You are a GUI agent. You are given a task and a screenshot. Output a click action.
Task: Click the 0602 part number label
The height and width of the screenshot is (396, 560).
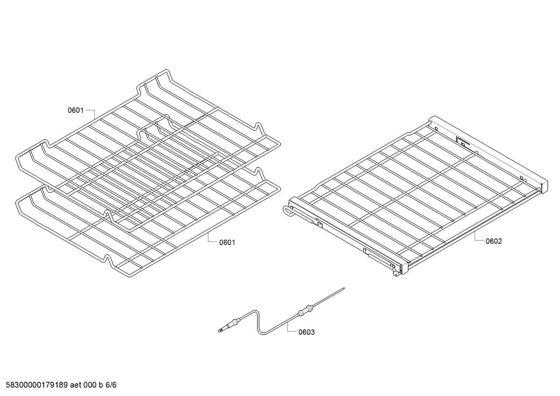coord(494,241)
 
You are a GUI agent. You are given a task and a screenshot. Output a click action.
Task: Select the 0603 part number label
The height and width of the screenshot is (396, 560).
coord(306,332)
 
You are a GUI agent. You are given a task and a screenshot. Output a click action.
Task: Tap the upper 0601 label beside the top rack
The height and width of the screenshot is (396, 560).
coord(76,110)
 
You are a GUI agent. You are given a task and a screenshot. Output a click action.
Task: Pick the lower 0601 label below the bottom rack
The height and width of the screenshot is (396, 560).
coord(227,242)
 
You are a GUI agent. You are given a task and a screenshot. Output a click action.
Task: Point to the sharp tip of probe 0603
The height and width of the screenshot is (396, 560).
coord(344,288)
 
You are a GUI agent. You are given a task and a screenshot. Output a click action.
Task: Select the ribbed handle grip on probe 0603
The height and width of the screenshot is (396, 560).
coord(305,310)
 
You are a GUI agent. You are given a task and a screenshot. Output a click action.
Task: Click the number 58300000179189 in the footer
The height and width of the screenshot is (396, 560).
coord(37,385)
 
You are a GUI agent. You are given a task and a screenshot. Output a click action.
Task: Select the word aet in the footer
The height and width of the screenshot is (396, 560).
coord(75,385)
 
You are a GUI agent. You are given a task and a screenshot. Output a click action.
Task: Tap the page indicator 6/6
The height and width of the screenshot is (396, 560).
coord(111,385)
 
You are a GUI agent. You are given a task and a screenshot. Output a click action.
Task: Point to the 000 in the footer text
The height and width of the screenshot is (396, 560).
coord(89,385)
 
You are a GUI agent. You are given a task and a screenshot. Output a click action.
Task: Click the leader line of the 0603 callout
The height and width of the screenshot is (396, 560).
coord(290,327)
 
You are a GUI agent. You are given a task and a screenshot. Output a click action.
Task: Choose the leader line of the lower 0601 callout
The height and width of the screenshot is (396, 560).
coord(211,238)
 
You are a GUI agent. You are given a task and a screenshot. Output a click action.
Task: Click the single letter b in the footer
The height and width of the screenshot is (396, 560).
coord(101,385)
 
